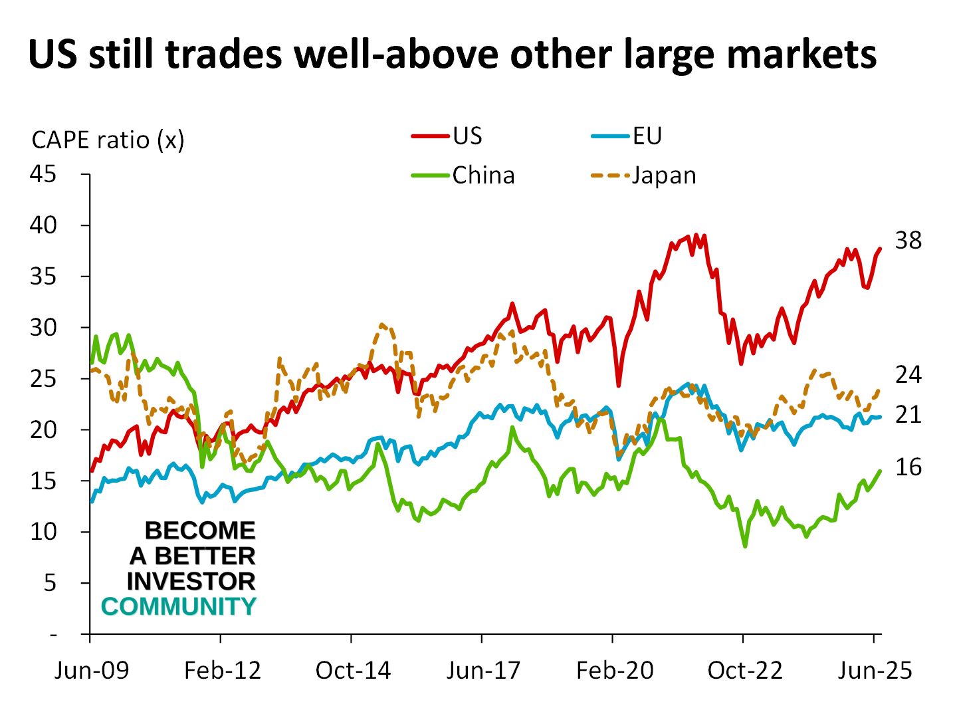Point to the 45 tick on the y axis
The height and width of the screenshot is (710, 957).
click(x=43, y=174)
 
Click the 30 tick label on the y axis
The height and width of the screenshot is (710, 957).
click(x=43, y=327)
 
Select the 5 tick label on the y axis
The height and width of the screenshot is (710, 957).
click(x=51, y=583)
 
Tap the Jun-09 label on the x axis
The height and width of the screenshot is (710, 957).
click(x=92, y=670)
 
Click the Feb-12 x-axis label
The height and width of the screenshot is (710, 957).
click(x=223, y=670)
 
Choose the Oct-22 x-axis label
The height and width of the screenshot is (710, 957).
click(x=745, y=670)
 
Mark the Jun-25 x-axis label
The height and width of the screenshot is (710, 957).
click(x=875, y=670)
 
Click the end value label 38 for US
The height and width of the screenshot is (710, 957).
click(x=908, y=240)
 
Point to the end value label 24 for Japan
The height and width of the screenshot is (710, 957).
click(x=908, y=375)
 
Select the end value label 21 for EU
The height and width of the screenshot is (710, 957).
click(x=908, y=414)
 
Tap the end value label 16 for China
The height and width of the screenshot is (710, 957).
click(x=908, y=467)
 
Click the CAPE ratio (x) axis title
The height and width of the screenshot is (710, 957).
click(x=108, y=140)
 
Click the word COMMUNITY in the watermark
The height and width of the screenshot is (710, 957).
click(x=178, y=607)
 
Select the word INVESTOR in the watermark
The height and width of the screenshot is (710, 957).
click(x=191, y=582)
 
